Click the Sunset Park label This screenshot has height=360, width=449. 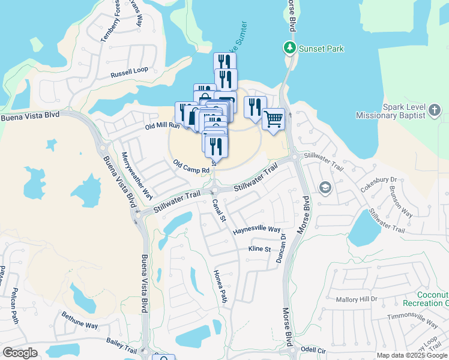tap(322, 49)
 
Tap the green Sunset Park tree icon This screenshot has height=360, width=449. tap(290, 47)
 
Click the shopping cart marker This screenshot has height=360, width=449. tap(273, 119)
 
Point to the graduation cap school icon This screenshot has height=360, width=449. tap(325, 188)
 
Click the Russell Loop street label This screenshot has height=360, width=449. tap(129, 72)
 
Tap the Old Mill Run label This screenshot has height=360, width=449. tap(162, 126)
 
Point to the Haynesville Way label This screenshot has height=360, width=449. tap(257, 230)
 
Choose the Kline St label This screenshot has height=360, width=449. tap(259, 249)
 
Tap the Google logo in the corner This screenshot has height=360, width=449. tap(20, 353)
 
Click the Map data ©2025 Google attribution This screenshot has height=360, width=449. tap(411, 355)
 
